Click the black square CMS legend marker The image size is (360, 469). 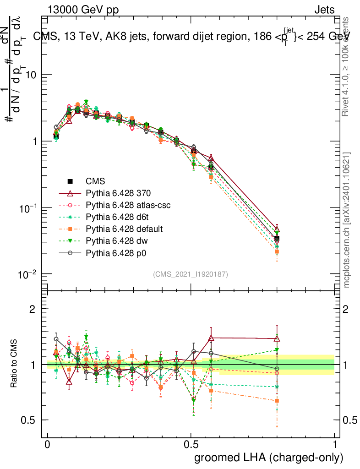click(x=71, y=182)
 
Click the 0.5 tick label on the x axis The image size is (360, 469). click(x=191, y=445)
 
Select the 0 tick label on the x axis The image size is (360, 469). click(x=48, y=445)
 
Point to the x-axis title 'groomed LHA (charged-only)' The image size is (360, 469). click(x=269, y=458)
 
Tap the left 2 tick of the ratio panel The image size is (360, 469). click(x=33, y=309)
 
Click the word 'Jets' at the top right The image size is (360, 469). click(x=324, y=10)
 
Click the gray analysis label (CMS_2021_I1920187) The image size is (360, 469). click(x=191, y=274)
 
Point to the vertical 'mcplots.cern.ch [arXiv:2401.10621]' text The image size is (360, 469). click(x=347, y=220)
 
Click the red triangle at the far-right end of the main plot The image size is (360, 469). click(x=277, y=230)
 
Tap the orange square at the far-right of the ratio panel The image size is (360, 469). click(x=277, y=401)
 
